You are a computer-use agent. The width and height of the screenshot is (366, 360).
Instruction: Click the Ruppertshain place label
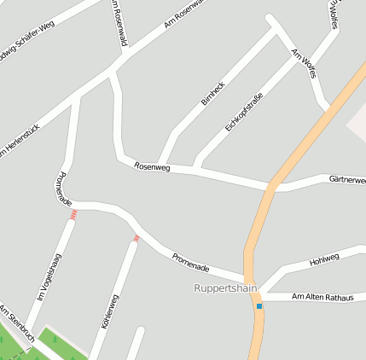coord(225,288)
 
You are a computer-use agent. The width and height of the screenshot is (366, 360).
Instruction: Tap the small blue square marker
coord(259,305)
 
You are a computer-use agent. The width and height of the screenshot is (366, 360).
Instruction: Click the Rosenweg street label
coord(153,167)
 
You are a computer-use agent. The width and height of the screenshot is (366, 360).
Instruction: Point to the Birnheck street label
coord(212,93)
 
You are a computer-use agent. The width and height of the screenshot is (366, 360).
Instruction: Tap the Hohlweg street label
coord(324,258)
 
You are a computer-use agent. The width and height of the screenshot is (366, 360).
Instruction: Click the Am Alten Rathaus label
coord(322,296)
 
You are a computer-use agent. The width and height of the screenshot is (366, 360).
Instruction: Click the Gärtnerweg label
coord(347,180)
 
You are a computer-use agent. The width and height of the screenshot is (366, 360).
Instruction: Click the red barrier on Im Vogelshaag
coord(73,214)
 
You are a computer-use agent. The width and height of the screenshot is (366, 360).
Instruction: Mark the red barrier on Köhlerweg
coord(135,239)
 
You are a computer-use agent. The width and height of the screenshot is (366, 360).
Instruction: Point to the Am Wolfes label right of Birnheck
coord(305,64)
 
